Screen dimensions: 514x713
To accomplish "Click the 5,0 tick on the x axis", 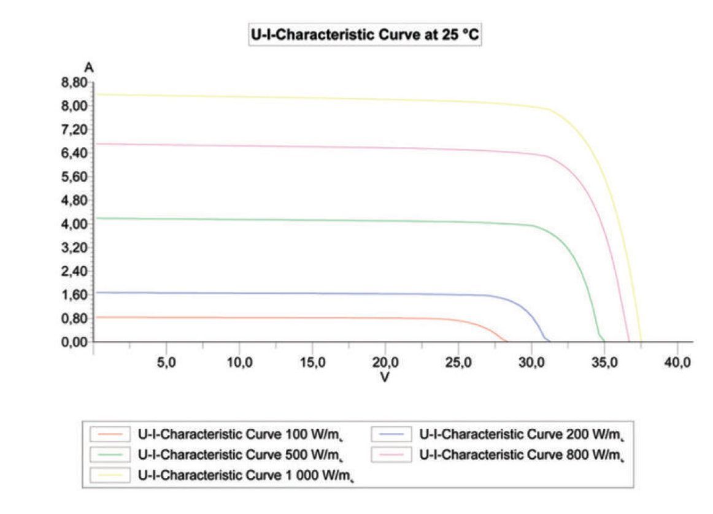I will tap(166, 362).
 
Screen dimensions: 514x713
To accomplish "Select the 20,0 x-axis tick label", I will tap(385, 362).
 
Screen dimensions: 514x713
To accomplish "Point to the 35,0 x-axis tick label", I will tap(604, 362).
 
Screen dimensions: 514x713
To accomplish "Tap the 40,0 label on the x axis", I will tap(677, 362).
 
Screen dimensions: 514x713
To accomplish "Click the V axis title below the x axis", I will tap(385, 377).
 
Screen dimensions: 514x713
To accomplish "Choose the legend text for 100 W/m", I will tap(240, 435).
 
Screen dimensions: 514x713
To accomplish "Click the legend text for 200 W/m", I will tap(521, 435).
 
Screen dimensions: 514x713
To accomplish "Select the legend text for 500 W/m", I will tap(240, 455).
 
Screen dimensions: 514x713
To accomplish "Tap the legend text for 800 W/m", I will tap(521, 455).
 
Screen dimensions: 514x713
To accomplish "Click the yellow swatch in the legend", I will tap(110, 475).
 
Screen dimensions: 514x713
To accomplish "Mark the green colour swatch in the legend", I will tap(110, 455).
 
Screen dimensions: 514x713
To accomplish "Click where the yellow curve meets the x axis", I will tap(641, 341).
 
